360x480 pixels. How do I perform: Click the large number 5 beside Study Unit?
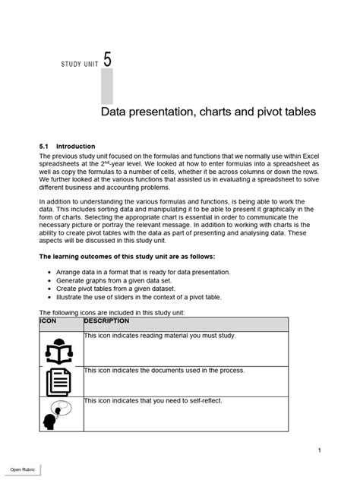click(107, 58)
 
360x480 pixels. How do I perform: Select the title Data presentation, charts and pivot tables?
click(208, 112)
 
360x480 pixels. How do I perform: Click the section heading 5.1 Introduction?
click(67, 147)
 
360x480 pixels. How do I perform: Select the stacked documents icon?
click(58, 381)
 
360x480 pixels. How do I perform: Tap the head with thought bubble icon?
click(57, 414)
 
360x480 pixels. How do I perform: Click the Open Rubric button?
click(24, 467)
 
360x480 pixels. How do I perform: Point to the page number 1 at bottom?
click(320, 450)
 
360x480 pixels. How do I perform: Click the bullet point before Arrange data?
click(49, 272)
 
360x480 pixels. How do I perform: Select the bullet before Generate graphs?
click(49, 280)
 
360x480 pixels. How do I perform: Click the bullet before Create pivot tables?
click(49, 289)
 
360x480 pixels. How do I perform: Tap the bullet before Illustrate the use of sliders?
click(49, 298)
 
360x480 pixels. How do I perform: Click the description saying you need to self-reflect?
click(153, 400)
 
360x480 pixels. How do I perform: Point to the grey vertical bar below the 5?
click(106, 87)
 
